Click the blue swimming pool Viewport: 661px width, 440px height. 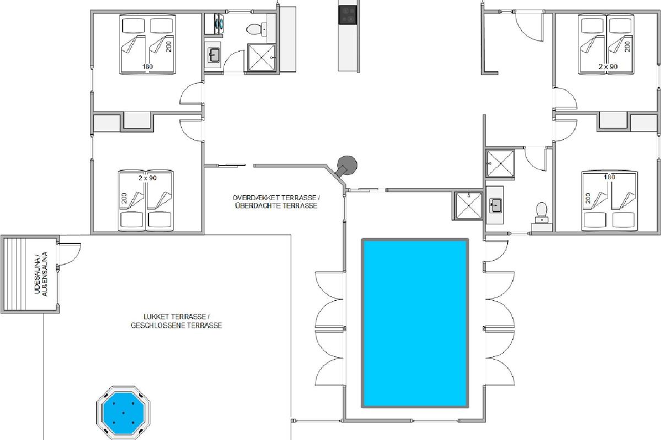tap(415, 323)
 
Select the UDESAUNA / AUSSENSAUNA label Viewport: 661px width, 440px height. tap(41, 274)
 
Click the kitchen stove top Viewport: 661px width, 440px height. tap(348, 15)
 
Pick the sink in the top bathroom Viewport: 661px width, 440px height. tap(213, 55)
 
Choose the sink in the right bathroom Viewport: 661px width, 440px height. tap(495, 205)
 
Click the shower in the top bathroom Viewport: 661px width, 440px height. tap(261, 58)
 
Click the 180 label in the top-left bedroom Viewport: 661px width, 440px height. tap(148, 67)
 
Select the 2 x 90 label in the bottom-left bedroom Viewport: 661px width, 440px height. tap(148, 178)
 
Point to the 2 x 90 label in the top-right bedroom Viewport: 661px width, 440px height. tap(608, 67)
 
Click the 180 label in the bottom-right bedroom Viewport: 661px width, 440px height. tap(609, 177)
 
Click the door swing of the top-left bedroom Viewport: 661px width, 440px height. tap(191, 93)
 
